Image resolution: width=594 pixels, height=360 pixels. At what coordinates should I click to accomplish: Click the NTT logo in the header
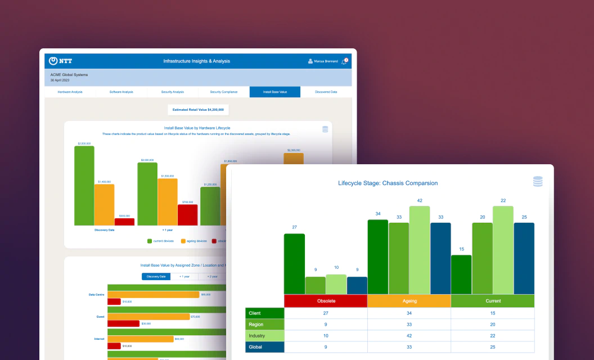click(60, 61)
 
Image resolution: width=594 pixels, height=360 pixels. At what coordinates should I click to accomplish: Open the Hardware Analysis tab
click(70, 92)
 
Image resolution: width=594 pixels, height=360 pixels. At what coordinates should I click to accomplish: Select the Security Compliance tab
click(223, 92)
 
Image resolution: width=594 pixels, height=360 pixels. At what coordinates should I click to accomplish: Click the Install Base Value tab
click(274, 92)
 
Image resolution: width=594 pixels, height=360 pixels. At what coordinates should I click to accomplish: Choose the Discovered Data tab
click(326, 92)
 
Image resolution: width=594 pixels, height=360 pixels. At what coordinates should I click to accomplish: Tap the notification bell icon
click(344, 61)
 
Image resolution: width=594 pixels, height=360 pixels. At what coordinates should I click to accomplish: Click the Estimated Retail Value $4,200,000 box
click(198, 110)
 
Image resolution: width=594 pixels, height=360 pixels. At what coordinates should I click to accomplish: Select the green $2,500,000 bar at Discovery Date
click(84, 186)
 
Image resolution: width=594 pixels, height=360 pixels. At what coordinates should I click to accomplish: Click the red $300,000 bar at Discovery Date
click(124, 222)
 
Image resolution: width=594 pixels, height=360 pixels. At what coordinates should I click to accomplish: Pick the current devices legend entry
click(161, 241)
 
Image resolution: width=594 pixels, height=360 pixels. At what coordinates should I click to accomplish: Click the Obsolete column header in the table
click(326, 301)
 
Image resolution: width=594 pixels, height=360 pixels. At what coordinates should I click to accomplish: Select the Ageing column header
click(409, 301)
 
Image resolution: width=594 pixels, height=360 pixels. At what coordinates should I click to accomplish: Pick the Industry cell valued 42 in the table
click(409, 336)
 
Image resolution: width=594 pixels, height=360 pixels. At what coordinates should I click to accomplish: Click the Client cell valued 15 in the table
click(492, 313)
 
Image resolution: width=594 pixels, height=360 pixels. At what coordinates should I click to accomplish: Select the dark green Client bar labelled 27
click(294, 263)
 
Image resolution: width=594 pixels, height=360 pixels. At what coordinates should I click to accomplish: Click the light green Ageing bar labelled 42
click(420, 250)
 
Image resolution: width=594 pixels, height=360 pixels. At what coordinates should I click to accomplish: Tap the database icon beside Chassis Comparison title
click(538, 181)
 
